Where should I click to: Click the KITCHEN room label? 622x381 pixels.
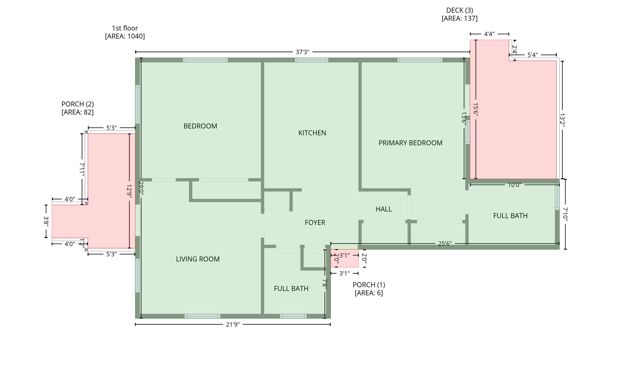(x=312, y=133)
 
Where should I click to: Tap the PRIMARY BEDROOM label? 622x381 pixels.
(x=410, y=143)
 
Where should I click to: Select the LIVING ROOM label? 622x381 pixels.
(x=197, y=259)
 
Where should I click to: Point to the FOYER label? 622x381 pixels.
(x=315, y=223)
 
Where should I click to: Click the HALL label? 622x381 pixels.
(x=383, y=209)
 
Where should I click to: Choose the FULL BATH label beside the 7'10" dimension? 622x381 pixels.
(x=510, y=216)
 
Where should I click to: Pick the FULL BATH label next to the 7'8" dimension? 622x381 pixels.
(x=291, y=289)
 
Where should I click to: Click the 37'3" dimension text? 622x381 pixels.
(x=302, y=52)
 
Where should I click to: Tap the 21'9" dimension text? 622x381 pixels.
(x=233, y=325)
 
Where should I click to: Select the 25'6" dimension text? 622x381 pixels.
(x=445, y=244)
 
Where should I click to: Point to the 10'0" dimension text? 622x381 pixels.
(x=514, y=185)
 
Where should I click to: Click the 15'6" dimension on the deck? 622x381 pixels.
(x=476, y=109)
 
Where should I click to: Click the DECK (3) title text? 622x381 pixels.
(x=459, y=10)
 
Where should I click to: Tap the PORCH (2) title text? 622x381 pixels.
(x=77, y=104)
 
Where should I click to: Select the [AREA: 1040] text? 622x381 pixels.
(x=125, y=36)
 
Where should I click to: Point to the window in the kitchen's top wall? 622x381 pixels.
(x=312, y=60)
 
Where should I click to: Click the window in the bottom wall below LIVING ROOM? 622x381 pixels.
(x=202, y=316)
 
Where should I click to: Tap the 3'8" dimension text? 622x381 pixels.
(x=46, y=221)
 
